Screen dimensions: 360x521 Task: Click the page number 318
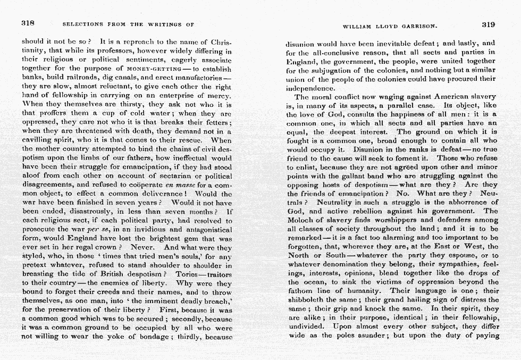pyautogui.click(x=28, y=23)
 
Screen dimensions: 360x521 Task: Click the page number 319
pyautogui.click(x=488, y=24)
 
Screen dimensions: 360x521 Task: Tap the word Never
pyautogui.click(x=142, y=247)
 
